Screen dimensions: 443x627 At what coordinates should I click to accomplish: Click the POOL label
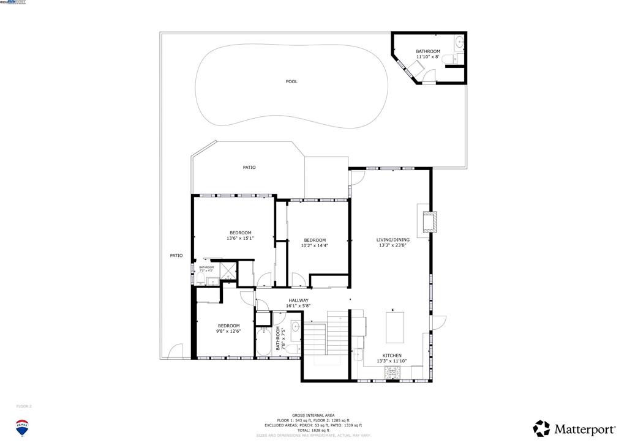click(291, 81)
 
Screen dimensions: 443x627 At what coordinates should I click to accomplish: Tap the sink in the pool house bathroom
click(459, 43)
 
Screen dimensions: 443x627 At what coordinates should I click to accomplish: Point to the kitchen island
click(395, 328)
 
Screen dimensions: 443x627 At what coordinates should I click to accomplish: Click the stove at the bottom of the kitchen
click(392, 371)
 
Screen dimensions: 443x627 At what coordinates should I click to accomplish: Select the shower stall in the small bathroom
click(227, 270)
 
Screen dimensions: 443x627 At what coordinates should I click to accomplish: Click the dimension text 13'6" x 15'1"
click(240, 238)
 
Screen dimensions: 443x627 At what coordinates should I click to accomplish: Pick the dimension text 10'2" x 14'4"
click(315, 245)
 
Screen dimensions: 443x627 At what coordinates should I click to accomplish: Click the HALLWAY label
click(298, 300)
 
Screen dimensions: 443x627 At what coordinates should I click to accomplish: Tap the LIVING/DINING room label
click(392, 240)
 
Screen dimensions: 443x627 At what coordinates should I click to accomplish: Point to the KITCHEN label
click(392, 356)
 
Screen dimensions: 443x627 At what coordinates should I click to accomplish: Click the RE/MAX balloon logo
click(23, 427)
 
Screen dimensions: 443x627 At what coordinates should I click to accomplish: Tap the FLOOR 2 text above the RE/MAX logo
click(23, 406)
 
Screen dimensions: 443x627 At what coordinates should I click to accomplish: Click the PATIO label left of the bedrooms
click(176, 255)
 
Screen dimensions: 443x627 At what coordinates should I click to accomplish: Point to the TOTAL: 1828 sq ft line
click(313, 430)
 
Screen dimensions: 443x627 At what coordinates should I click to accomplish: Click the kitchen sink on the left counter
click(358, 354)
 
